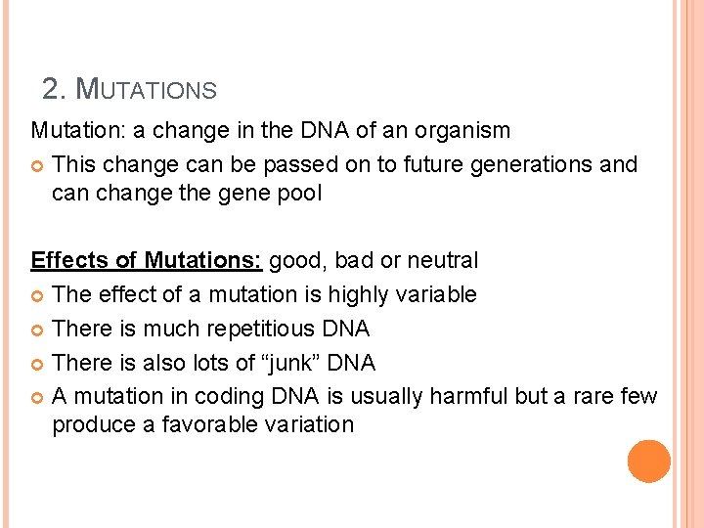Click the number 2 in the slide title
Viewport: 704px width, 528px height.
pos(52,90)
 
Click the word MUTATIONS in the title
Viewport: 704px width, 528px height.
pos(146,90)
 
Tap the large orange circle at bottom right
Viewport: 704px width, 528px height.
pos(649,462)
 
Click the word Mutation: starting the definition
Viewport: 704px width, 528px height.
pos(69,130)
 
